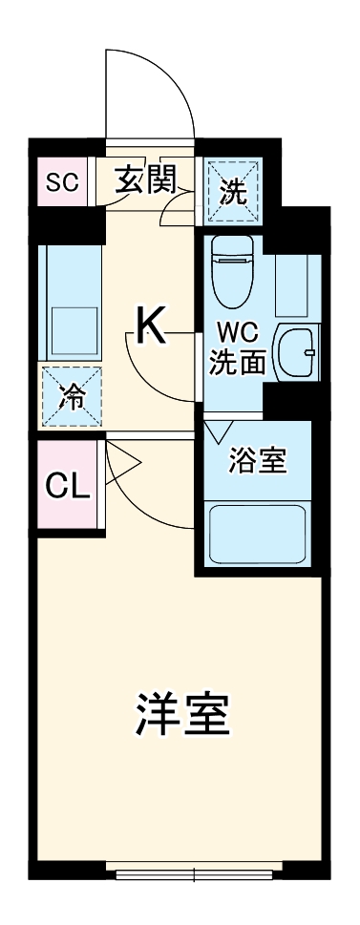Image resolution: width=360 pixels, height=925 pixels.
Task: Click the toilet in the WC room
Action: click(228, 268)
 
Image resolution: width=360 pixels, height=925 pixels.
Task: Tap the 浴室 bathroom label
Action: click(257, 461)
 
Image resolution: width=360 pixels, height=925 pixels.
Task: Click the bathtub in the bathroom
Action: click(257, 536)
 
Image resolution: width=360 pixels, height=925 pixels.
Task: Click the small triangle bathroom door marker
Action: click(214, 431)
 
